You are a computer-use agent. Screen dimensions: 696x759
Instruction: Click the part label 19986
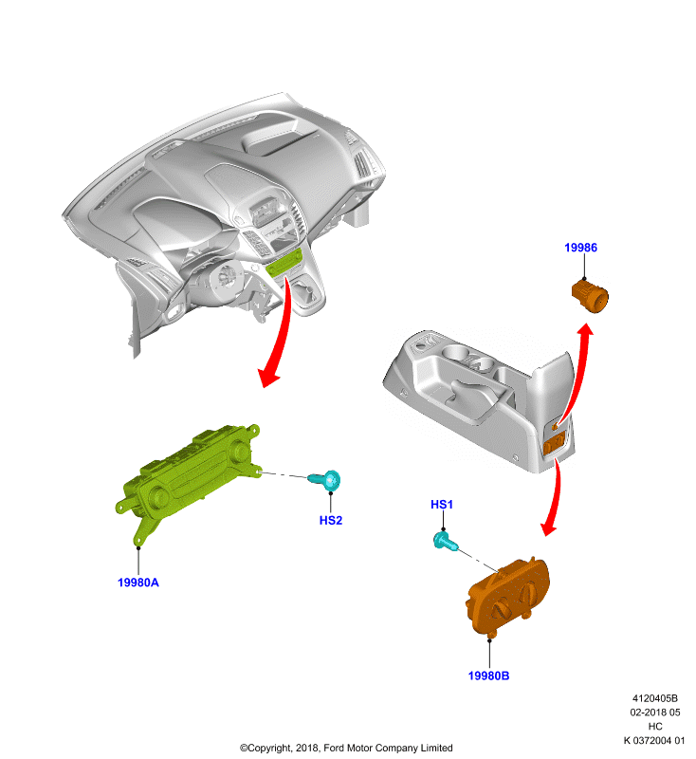[x=580, y=248]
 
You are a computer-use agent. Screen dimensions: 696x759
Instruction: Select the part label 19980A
[x=138, y=583]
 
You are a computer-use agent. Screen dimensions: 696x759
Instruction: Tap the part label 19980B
[x=488, y=676]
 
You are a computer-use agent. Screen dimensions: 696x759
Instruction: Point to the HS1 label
[x=442, y=505]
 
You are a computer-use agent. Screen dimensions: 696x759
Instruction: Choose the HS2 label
[x=331, y=520]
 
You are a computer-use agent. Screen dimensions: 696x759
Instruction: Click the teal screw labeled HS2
[x=325, y=480]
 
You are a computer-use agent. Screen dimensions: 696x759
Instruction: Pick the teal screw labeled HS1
[x=445, y=541]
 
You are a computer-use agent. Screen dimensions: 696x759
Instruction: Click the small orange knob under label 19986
[x=590, y=295]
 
